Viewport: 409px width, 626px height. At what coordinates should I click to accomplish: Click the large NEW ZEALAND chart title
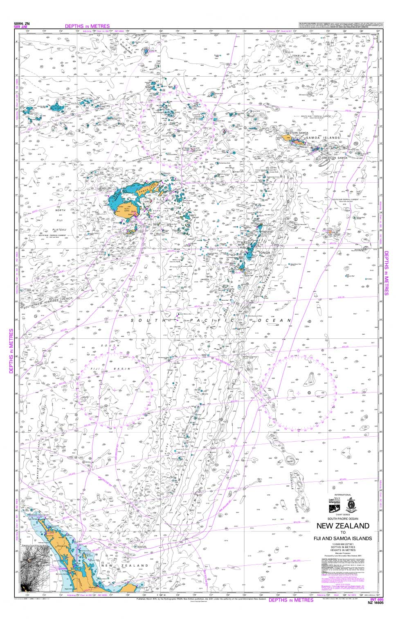pyautogui.click(x=343, y=526)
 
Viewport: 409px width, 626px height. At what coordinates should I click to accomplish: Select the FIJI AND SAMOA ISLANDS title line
pyautogui.click(x=343, y=538)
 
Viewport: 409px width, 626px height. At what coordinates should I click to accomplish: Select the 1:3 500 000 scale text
pyautogui.click(x=343, y=544)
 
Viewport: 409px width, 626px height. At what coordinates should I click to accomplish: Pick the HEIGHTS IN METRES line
pyautogui.click(x=343, y=550)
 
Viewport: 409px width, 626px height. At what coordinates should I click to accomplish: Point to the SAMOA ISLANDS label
pyautogui.click(x=326, y=138)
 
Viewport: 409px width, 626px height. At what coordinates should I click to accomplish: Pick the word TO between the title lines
pyautogui.click(x=343, y=532)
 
